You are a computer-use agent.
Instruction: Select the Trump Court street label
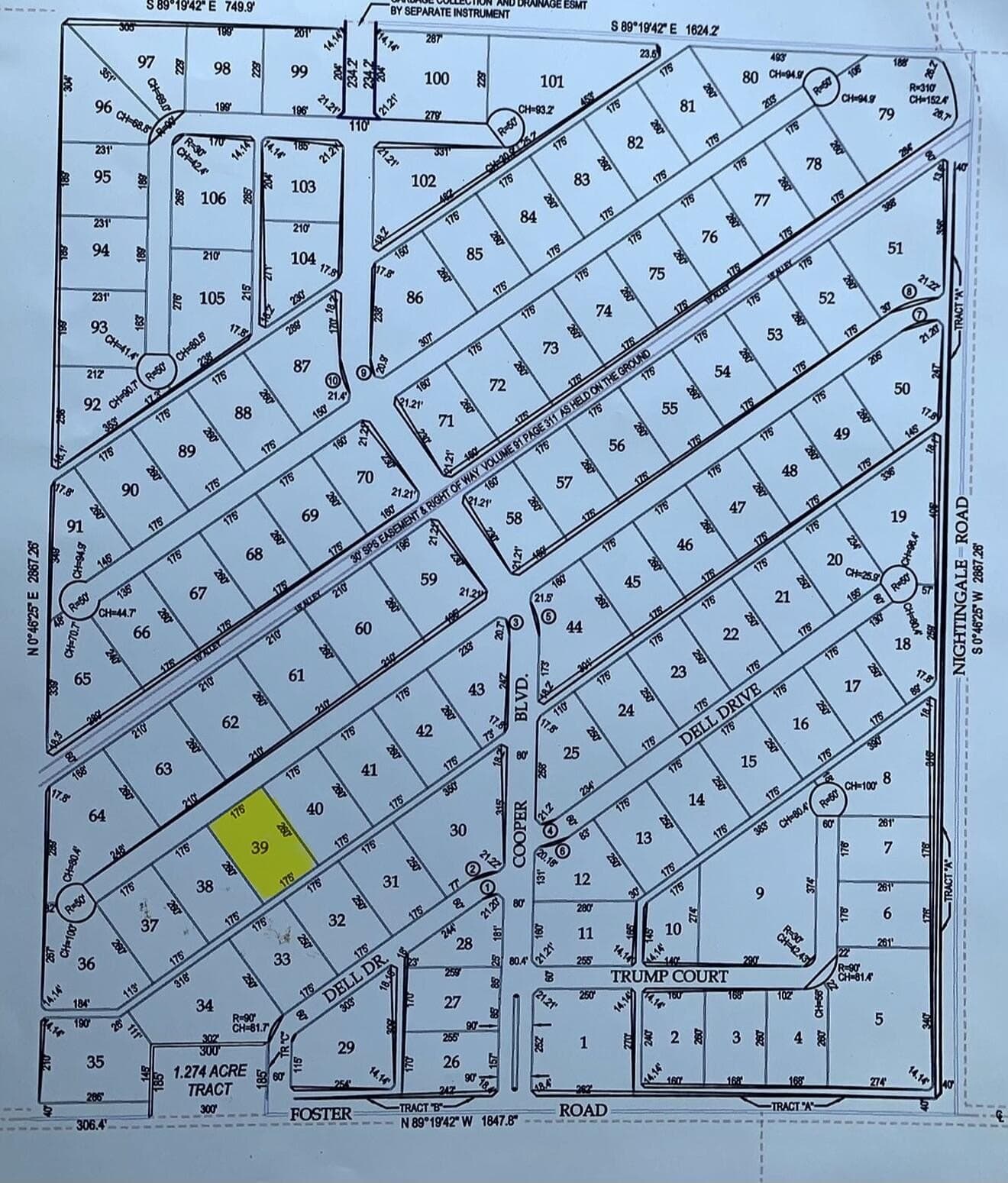pyautogui.click(x=668, y=976)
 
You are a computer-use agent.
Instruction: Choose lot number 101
pyautogui.click(x=551, y=81)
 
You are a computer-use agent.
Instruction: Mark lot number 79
pyautogui.click(x=886, y=115)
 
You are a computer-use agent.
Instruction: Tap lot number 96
pyautogui.click(x=103, y=105)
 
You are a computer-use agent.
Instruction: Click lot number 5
pyautogui.click(x=878, y=1019)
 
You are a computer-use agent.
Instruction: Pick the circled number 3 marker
pyautogui.click(x=516, y=622)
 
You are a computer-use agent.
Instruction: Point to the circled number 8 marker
pyautogui.click(x=909, y=291)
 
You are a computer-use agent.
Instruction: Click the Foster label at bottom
pyautogui.click(x=321, y=1114)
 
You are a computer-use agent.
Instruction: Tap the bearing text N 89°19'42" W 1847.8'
pyautogui.click(x=460, y=1122)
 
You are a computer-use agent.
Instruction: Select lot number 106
pyautogui.click(x=213, y=198)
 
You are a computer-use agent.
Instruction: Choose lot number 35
pyautogui.click(x=95, y=1062)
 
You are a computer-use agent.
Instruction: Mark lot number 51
pyautogui.click(x=896, y=248)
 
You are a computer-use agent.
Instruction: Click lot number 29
pyautogui.click(x=346, y=1046)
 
